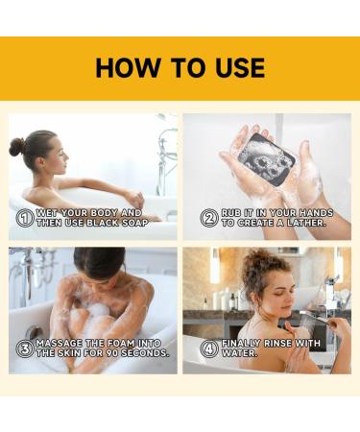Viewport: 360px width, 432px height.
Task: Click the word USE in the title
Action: (x=235, y=67)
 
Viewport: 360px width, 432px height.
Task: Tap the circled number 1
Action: (x=25, y=218)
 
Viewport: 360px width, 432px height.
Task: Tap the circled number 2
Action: (x=208, y=218)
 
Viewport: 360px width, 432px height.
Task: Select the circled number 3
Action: (x=25, y=348)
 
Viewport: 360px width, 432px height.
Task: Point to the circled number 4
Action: (x=208, y=348)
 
